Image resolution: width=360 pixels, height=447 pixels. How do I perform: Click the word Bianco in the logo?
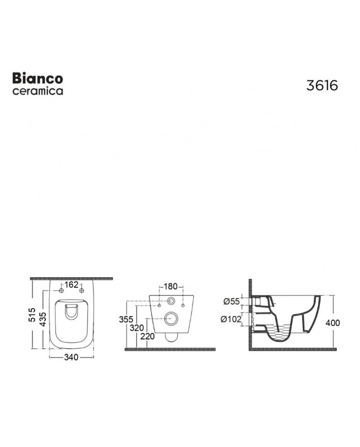click(38, 78)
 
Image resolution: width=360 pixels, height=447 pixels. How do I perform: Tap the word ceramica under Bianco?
click(38, 91)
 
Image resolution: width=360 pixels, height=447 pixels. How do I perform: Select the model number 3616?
click(322, 85)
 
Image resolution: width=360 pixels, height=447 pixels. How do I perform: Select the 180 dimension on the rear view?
click(171, 287)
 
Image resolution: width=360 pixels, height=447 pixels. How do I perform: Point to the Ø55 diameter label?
click(232, 301)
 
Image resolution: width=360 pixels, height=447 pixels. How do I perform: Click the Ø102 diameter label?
click(231, 319)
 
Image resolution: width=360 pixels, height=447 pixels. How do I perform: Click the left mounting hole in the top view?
click(61, 292)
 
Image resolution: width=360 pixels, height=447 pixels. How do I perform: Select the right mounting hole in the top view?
click(81, 292)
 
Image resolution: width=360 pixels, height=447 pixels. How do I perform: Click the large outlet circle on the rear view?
click(171, 319)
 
